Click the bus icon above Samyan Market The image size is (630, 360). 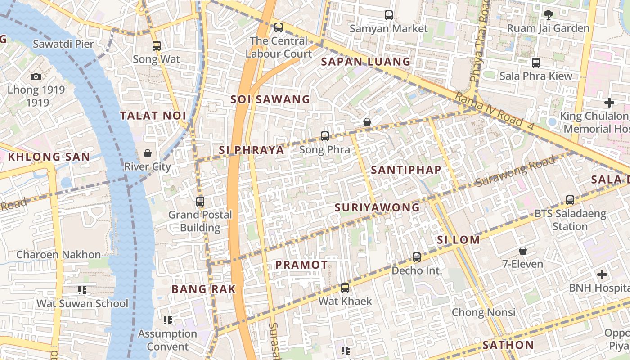(389, 15)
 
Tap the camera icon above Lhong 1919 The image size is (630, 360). (36, 76)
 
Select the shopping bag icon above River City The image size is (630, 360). (148, 153)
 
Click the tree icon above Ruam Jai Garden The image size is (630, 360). (548, 15)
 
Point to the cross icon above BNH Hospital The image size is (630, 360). (602, 274)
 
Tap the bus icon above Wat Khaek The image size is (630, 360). (345, 288)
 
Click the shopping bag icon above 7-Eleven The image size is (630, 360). (523, 251)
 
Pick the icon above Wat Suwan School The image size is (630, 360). (82, 290)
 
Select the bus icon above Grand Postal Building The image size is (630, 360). (200, 202)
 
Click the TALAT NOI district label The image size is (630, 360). (153, 116)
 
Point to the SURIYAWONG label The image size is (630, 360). (377, 207)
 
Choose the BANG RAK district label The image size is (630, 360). (203, 289)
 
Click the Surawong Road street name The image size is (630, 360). (516, 171)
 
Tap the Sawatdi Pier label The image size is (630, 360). (63, 44)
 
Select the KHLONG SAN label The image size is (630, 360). (49, 157)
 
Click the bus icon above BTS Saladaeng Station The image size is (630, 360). (570, 200)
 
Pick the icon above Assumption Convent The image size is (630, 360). (168, 320)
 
